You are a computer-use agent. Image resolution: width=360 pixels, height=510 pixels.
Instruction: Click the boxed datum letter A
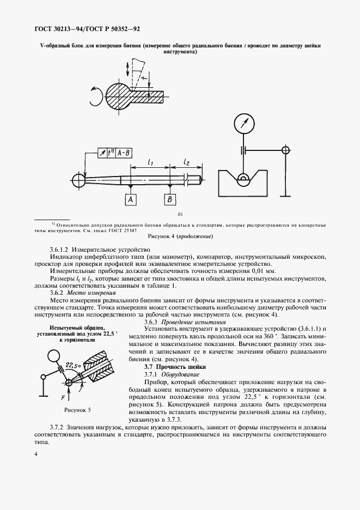pos(131,201)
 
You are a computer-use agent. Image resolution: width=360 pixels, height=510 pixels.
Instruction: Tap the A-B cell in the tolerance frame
pos(124,154)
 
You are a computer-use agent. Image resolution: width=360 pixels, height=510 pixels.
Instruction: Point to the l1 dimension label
pos(151,162)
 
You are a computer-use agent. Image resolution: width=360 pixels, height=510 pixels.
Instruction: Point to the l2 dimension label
pos(186,162)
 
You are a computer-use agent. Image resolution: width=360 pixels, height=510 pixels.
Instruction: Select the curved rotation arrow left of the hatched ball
pos(96,97)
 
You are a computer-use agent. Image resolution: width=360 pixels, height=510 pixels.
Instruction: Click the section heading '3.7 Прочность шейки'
pos(166,367)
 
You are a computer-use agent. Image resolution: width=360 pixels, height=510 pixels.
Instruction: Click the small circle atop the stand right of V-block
pos(284,149)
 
